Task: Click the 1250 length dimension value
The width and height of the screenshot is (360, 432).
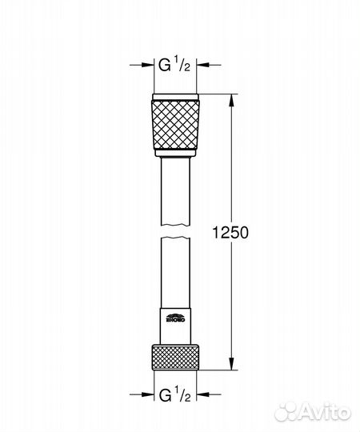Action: pos(232,233)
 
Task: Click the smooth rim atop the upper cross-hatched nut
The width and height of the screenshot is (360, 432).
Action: pos(175,99)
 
